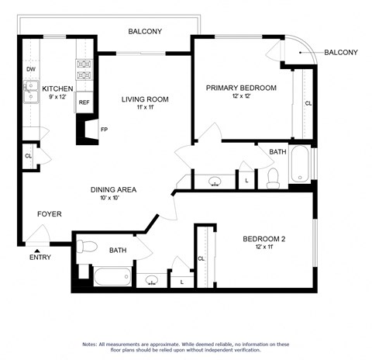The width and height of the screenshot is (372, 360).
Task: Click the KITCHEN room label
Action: click(57, 89)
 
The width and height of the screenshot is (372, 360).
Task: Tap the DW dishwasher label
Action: click(30, 69)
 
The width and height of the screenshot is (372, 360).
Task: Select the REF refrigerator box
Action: click(84, 102)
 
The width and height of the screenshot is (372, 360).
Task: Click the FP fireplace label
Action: click(104, 130)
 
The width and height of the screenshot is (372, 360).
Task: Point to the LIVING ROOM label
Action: click(144, 99)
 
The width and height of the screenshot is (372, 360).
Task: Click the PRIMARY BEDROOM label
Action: click(240, 88)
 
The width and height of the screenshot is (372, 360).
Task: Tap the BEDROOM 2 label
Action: click(264, 239)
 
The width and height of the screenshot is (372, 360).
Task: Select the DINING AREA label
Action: click(114, 189)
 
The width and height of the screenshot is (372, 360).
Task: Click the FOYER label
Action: click(49, 214)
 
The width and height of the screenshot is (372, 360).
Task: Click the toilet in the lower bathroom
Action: click(85, 247)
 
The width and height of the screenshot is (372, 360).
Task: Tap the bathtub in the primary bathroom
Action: click(300, 164)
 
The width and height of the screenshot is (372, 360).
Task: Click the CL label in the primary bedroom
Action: click(308, 103)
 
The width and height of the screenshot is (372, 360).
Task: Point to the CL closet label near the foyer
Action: click(29, 156)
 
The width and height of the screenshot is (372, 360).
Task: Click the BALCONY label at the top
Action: click(145, 32)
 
